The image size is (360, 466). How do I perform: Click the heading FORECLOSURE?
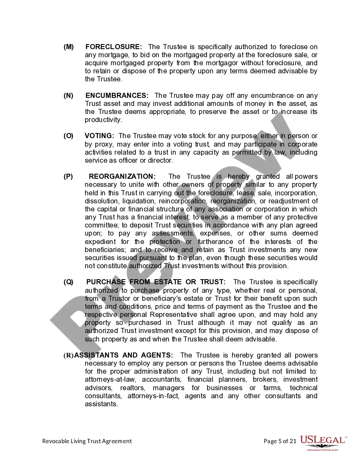[114, 47]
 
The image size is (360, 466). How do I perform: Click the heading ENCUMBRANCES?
[117, 96]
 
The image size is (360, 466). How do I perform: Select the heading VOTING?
[100, 136]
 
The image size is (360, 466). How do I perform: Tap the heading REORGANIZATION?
[122, 177]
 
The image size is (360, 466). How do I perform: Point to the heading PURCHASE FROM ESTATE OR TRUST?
[156, 282]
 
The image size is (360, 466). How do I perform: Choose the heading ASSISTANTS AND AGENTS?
[124, 355]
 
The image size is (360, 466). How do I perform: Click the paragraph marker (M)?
[69, 47]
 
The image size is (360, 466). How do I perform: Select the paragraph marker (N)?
[69, 96]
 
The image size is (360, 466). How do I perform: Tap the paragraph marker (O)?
[69, 136]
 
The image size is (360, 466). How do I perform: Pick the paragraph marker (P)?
[69, 177]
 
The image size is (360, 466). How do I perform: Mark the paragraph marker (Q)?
[69, 282]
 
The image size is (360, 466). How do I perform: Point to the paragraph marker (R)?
[69, 355]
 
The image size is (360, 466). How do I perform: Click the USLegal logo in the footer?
[323, 442]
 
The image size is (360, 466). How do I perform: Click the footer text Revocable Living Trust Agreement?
[87, 441]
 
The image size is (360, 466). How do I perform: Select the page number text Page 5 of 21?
[280, 441]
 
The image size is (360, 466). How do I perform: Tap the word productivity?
[103, 120]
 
